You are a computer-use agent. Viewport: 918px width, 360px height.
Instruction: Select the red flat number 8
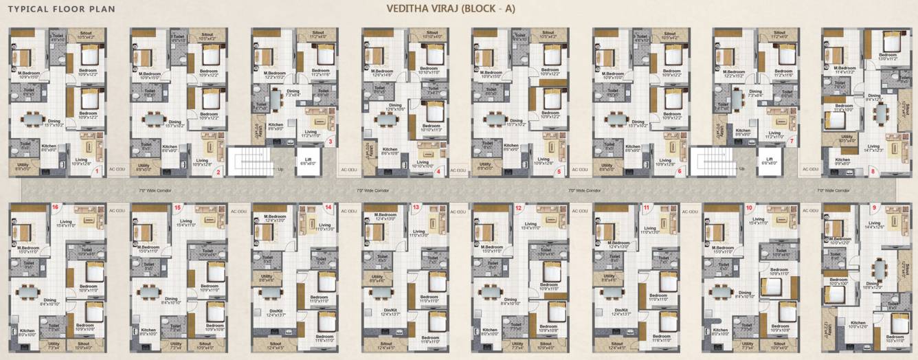pos(873,172)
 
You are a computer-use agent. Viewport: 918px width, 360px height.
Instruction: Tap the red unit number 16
pos(55,205)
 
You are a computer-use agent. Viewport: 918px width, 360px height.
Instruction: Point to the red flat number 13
pos(415,207)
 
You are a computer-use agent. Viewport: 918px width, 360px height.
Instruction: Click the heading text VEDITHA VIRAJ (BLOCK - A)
pos(450,9)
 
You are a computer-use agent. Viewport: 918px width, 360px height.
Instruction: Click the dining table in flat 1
pos(33,119)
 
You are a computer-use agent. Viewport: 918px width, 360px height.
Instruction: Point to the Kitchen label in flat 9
pos(858,324)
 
